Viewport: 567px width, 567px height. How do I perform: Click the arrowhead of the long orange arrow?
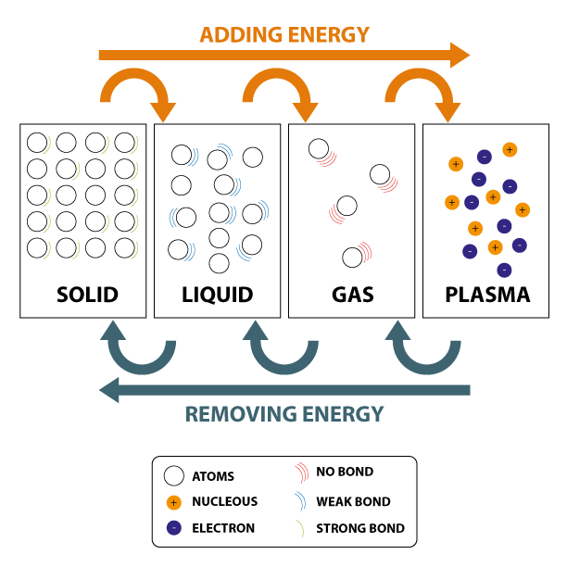coord(460,55)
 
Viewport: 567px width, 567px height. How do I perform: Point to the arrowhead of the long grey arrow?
coord(109,390)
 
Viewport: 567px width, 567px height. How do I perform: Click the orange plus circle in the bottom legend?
coord(173,502)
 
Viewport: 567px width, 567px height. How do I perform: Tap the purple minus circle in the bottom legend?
coord(173,528)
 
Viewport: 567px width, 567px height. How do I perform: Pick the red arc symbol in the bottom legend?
coord(301,472)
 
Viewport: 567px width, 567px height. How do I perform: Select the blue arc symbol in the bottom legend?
coord(300,501)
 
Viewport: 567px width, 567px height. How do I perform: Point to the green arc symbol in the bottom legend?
coord(299,529)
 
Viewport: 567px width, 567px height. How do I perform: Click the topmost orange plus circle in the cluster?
coord(510,149)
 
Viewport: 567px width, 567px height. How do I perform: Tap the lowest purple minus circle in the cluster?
coord(504,271)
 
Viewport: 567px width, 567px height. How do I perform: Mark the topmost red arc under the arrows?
coord(326,158)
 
